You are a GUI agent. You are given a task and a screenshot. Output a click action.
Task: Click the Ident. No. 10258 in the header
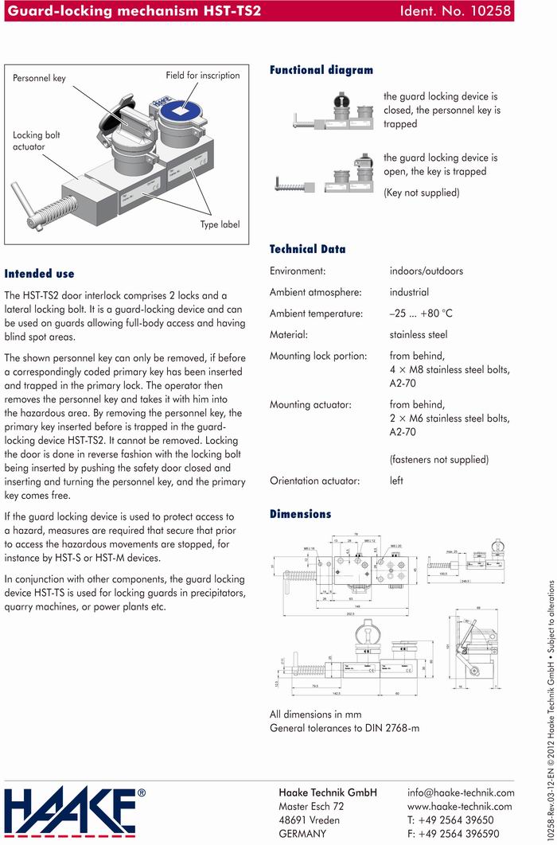pos(458,10)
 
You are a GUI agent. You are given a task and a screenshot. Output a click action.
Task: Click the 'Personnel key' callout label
pos(39,79)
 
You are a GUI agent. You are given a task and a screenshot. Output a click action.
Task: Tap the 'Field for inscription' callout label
pos(202,76)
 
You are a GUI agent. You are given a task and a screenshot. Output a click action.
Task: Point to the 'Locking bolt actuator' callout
pos(37,141)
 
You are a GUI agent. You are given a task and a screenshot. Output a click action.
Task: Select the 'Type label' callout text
pos(220,224)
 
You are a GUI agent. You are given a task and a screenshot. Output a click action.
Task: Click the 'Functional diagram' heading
pos(321,70)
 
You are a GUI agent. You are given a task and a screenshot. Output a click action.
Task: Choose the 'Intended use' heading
pos(39,273)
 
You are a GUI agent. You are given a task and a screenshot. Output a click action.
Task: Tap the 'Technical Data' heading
pos(307,249)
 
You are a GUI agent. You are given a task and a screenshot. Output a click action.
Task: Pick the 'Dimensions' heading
pos(300,514)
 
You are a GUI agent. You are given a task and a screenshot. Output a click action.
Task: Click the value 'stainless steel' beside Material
pos(419,335)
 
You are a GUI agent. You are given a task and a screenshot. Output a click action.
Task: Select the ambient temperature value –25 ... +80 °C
pos(421,313)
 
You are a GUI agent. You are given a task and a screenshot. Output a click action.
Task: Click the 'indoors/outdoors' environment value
pos(426,271)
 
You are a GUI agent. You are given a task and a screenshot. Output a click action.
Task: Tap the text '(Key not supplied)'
pos(421,193)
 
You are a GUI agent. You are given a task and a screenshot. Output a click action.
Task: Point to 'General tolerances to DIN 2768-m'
pos(345,728)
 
